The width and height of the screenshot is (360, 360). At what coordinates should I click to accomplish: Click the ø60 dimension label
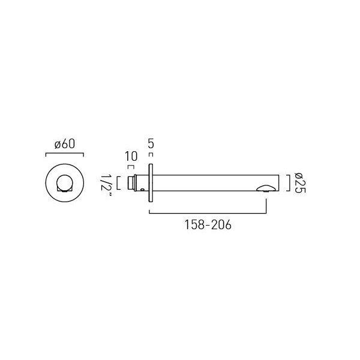[x=65, y=144]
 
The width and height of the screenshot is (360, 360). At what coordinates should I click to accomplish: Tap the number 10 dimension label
[x=131, y=157]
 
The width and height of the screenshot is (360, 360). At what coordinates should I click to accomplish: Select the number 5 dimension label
[x=151, y=144]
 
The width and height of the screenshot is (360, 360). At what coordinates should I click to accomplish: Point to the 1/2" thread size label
[x=106, y=186]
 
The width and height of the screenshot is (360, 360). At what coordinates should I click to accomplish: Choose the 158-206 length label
[x=208, y=225]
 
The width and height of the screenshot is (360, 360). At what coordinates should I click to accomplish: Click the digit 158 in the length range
[x=194, y=225]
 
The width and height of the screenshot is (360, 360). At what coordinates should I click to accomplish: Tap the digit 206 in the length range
[x=221, y=225]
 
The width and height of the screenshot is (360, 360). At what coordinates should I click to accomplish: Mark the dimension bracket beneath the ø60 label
[x=65, y=153]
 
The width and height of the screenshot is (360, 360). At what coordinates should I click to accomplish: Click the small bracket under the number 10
[x=131, y=166]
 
